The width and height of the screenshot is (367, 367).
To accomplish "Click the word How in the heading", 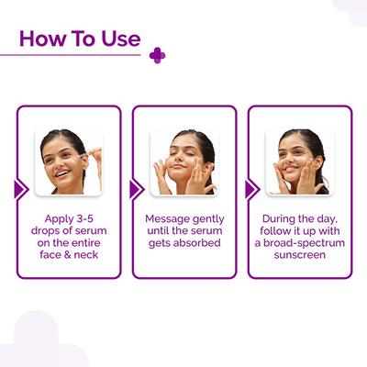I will click(42, 39).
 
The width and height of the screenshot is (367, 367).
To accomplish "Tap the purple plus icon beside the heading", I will click(157, 55).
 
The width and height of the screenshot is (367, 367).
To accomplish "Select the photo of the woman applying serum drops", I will click(68, 161).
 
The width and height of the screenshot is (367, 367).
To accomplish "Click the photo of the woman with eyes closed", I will click(183, 161).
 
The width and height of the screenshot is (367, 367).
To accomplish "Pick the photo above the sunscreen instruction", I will click(299, 161).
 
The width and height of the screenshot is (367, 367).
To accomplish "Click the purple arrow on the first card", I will click(20, 189).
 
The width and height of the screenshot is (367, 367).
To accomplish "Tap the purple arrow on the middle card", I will click(136, 189).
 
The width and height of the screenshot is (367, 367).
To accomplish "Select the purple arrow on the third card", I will click(251, 189).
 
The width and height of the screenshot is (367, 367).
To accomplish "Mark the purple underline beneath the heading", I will click(73, 55).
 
